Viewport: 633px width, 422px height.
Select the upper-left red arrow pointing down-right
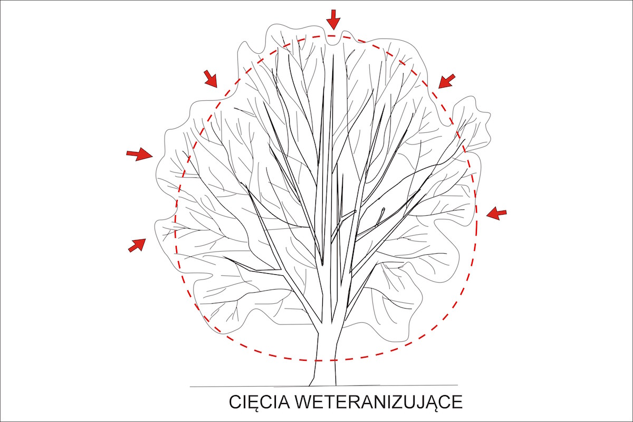[210, 78]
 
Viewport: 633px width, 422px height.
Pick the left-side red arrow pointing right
[140, 154]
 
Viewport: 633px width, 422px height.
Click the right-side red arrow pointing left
[496, 214]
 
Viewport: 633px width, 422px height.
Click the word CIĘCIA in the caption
[260, 403]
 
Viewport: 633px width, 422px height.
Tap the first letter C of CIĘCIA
[235, 402]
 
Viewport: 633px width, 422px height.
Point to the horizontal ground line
[323, 386]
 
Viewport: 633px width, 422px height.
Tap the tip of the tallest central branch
[333, 54]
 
